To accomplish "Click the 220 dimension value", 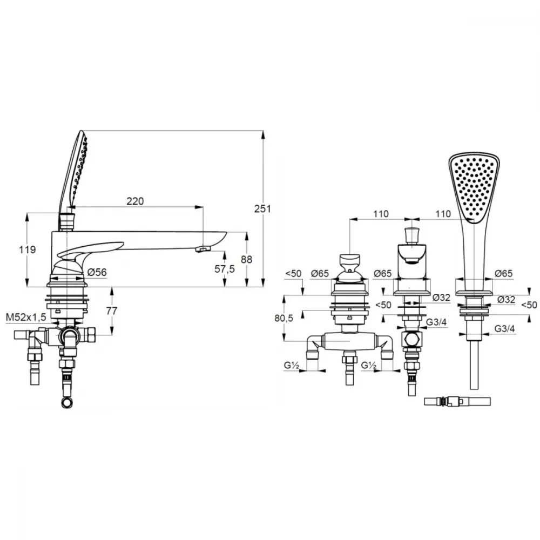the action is [x=135, y=201].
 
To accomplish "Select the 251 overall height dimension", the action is [x=262, y=208].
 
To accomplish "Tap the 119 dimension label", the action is [x=27, y=249].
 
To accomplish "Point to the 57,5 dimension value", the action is [x=225, y=268].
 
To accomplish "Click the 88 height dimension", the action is [x=247, y=259].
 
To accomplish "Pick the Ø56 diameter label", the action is [x=97, y=272].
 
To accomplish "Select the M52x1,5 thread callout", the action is [x=26, y=318].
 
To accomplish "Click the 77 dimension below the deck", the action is [x=112, y=311].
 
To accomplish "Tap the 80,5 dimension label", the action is [x=284, y=318].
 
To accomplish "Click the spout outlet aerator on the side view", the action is [x=202, y=248].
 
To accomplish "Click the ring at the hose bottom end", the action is [x=67, y=403].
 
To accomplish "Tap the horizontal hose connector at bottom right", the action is [x=457, y=402].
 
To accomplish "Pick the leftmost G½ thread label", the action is [x=291, y=366].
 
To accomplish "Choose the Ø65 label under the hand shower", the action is [x=504, y=273].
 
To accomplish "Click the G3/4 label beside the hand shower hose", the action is [x=504, y=328].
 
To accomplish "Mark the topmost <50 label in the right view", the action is [x=293, y=273].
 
